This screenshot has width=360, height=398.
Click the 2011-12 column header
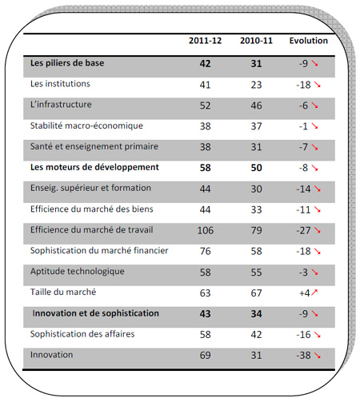tap(205, 41)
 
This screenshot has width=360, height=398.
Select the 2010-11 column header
tap(256, 41)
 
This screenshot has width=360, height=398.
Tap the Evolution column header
tap(309, 41)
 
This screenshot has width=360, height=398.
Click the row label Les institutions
tap(60, 84)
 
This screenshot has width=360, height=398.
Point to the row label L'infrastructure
tap(61, 104)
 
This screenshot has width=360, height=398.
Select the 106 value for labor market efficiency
tap(206, 230)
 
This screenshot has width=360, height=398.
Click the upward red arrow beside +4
tap(314, 293)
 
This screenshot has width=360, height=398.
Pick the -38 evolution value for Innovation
tap(303, 355)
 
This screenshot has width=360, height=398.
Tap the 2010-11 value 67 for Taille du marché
tap(256, 293)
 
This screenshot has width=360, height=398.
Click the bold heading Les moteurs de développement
tap(94, 167)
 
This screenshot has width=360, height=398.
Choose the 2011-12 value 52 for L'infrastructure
tap(206, 105)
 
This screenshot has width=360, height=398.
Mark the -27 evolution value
tap(303, 230)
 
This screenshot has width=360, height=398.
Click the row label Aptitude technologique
tap(78, 271)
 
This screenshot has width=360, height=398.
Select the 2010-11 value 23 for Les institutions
tap(256, 85)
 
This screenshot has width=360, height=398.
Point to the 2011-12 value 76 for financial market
tap(206, 251)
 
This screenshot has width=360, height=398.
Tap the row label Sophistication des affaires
tap(82, 334)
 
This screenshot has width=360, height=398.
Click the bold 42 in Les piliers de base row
tap(205, 64)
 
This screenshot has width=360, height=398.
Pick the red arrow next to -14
tap(317, 189)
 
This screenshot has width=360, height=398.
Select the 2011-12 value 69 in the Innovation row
tap(206, 355)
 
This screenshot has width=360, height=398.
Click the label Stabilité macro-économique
tap(86, 125)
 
